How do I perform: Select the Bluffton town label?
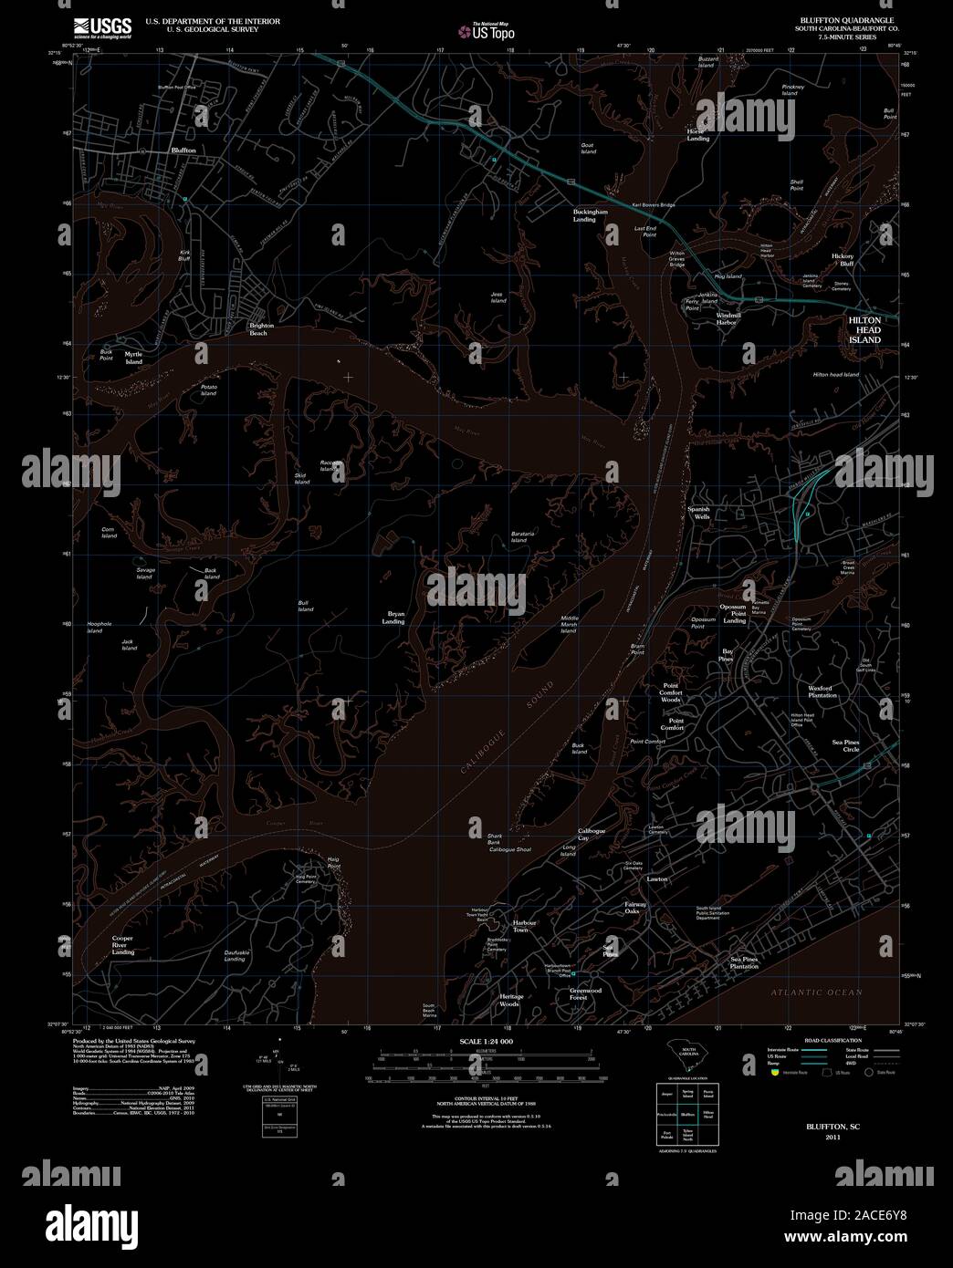click(x=183, y=150)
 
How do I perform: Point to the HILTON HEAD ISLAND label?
click(x=864, y=330)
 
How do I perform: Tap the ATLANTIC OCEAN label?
click(x=815, y=992)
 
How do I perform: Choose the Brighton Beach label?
click(x=263, y=329)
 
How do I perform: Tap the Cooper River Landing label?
click(x=123, y=945)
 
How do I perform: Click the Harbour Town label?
click(x=520, y=925)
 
